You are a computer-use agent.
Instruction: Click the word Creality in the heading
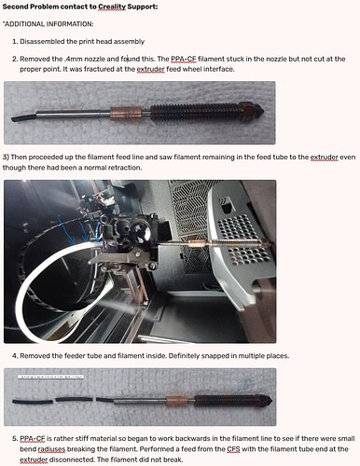(112, 7)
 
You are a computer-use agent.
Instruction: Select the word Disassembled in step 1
(42, 41)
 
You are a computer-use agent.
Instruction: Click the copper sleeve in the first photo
(126, 113)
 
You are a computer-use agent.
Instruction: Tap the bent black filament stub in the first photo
(23, 117)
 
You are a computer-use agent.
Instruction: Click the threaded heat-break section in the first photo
(196, 111)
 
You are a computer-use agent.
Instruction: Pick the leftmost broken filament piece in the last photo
(33, 402)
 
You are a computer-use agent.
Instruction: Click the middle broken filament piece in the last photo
(74, 400)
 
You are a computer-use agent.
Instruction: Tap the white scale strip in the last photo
(51, 377)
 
